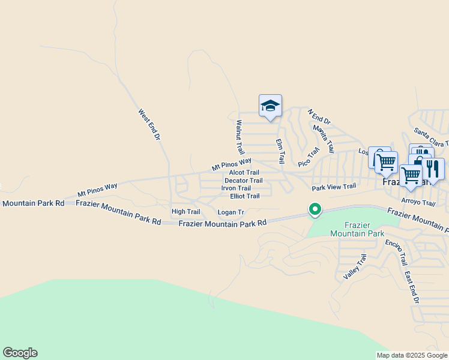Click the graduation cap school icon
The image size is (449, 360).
(x=270, y=106)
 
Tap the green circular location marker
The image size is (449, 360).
(x=314, y=210)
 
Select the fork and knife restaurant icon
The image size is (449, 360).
(x=432, y=169)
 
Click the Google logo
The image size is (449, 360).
(x=20, y=353)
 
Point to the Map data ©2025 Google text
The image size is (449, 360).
(x=412, y=355)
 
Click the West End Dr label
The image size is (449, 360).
(x=149, y=124)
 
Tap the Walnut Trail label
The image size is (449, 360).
(x=240, y=137)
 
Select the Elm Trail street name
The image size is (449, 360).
(x=280, y=151)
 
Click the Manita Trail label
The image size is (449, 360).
(x=323, y=137)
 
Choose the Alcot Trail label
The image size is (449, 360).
(x=244, y=172)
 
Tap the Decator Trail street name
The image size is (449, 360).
(x=243, y=180)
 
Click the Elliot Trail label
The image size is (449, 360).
(x=245, y=196)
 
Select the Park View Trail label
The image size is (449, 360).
(x=334, y=187)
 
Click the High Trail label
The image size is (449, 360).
(x=185, y=212)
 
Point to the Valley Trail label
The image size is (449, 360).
(x=355, y=266)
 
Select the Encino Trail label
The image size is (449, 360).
(x=396, y=253)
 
